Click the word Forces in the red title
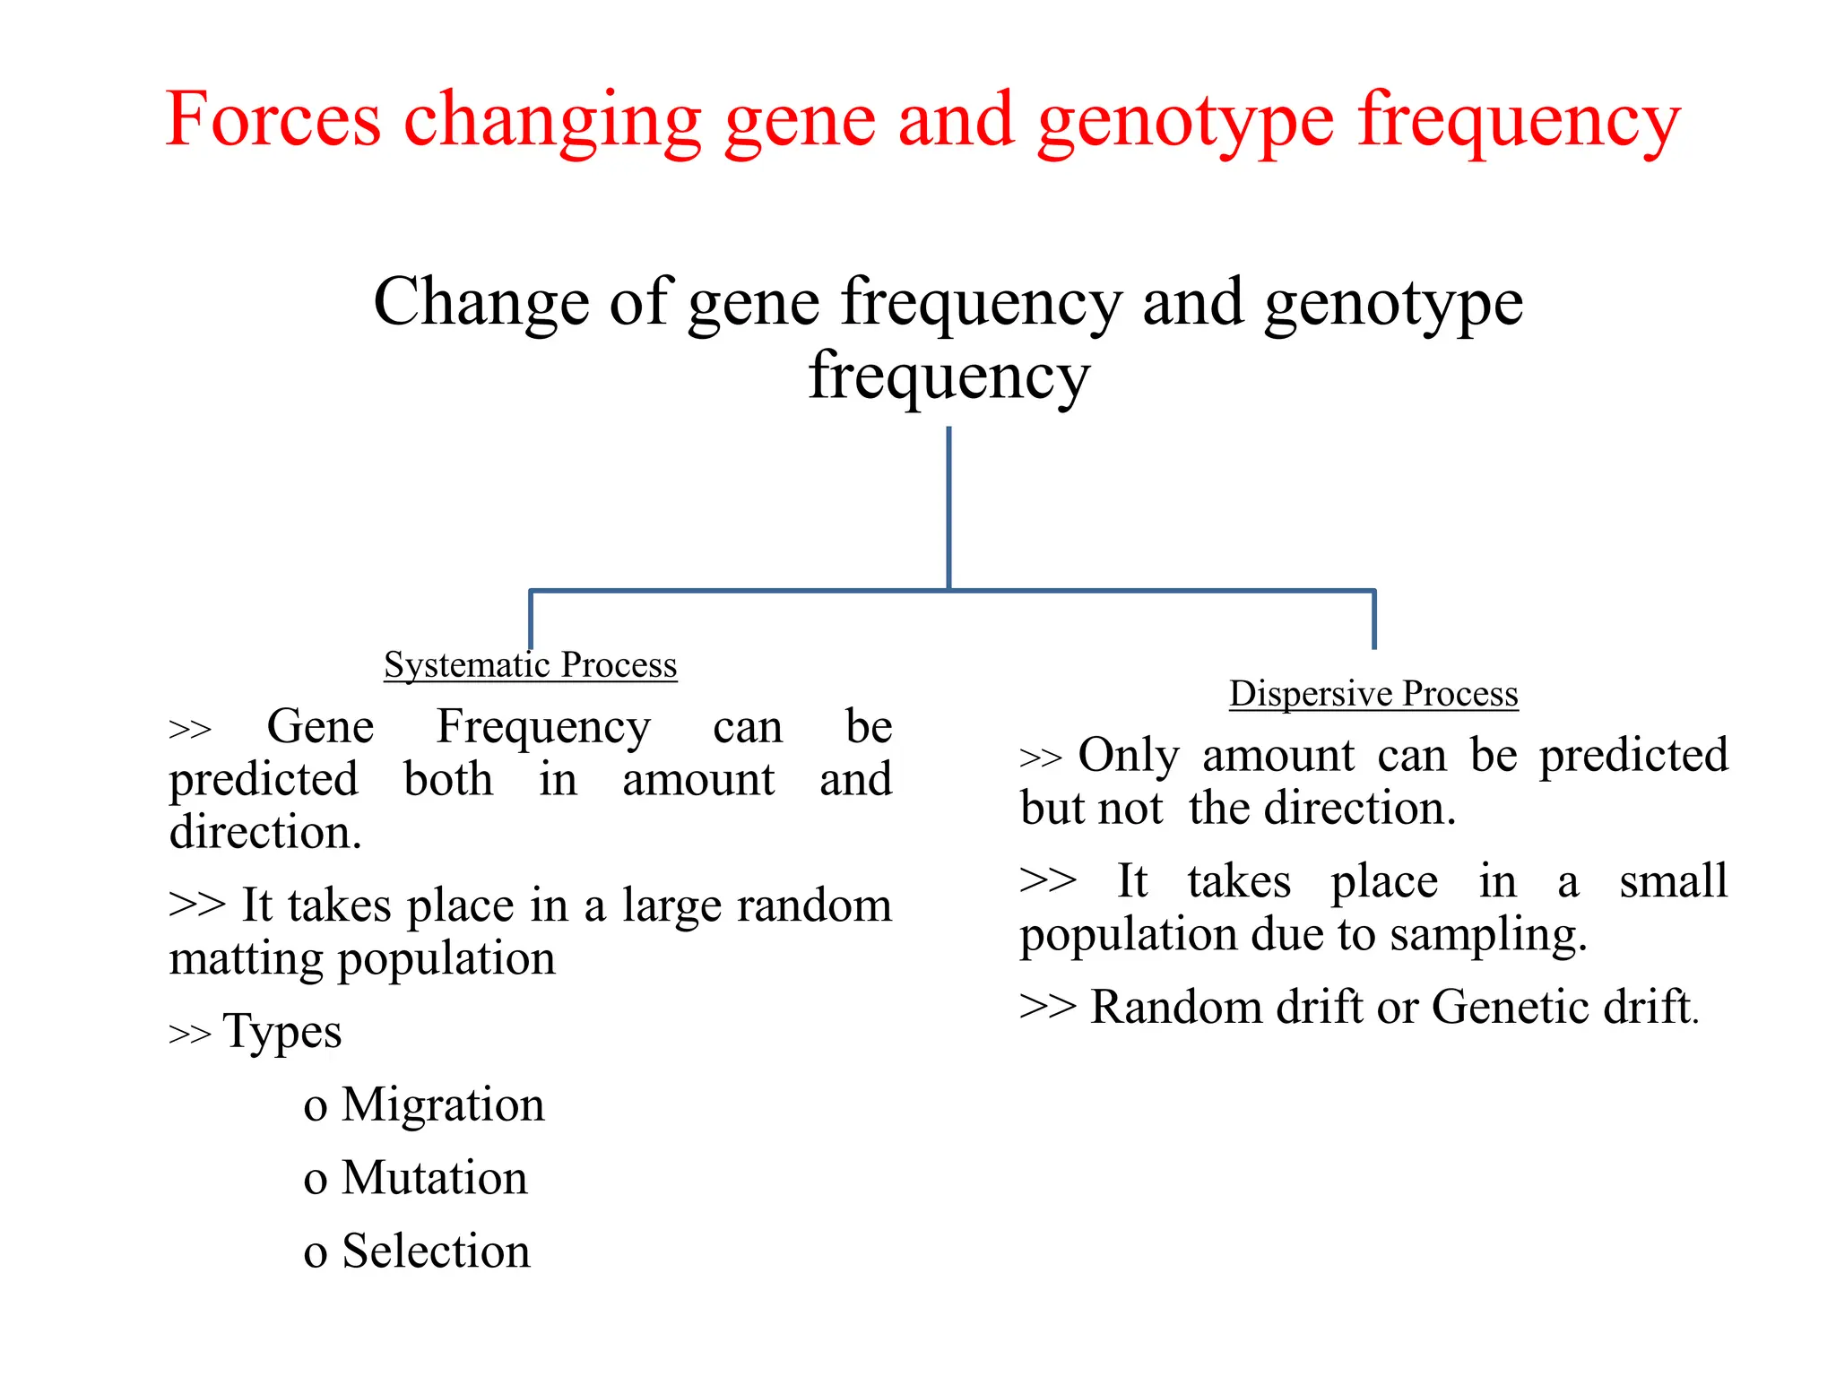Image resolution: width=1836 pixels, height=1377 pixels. point(273,119)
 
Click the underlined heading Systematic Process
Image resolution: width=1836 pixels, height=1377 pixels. point(530,665)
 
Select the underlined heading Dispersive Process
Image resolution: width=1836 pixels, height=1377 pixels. point(1373,694)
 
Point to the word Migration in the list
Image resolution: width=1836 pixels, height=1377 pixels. point(443,1104)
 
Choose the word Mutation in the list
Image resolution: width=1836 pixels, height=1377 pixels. point(435,1177)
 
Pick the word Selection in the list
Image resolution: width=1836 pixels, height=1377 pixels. point(437,1251)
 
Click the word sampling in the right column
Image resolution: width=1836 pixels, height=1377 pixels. point(1488,935)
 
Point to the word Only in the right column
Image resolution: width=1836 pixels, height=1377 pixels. point(1129,755)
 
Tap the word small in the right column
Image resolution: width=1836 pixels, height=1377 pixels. point(1673,880)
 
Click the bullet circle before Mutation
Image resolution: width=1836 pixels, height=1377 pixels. point(315,1181)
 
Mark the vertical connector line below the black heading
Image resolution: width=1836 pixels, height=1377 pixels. point(948,507)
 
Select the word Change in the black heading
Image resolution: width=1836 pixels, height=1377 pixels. point(481,302)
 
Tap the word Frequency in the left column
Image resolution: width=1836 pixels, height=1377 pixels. point(543,727)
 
